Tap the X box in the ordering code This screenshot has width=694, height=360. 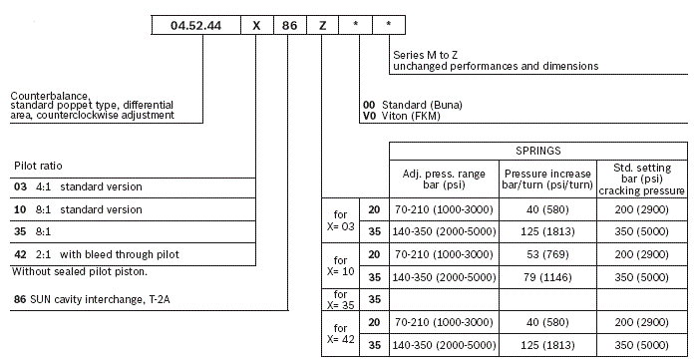[x=255, y=26]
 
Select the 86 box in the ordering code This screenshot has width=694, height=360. [x=290, y=26]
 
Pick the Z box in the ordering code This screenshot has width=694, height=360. [x=323, y=26]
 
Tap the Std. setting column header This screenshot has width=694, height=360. [x=641, y=179]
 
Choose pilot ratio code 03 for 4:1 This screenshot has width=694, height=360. [x=20, y=186]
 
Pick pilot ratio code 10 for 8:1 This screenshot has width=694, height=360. [x=20, y=209]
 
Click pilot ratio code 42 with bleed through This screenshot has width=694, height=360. [x=20, y=255]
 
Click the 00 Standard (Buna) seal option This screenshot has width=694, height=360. [x=413, y=104]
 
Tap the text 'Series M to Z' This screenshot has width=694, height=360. [x=427, y=56]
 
